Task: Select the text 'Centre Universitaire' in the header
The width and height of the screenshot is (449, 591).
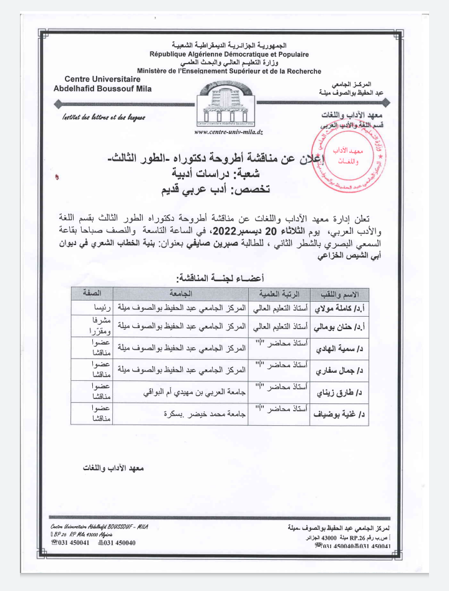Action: [102, 79]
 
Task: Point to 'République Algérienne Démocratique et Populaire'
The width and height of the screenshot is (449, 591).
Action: [229, 55]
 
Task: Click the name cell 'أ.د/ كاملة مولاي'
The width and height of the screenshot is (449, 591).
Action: [341, 308]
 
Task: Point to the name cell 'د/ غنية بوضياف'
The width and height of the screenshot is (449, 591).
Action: [342, 413]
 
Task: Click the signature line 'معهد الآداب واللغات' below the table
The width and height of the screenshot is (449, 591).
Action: [113, 467]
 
